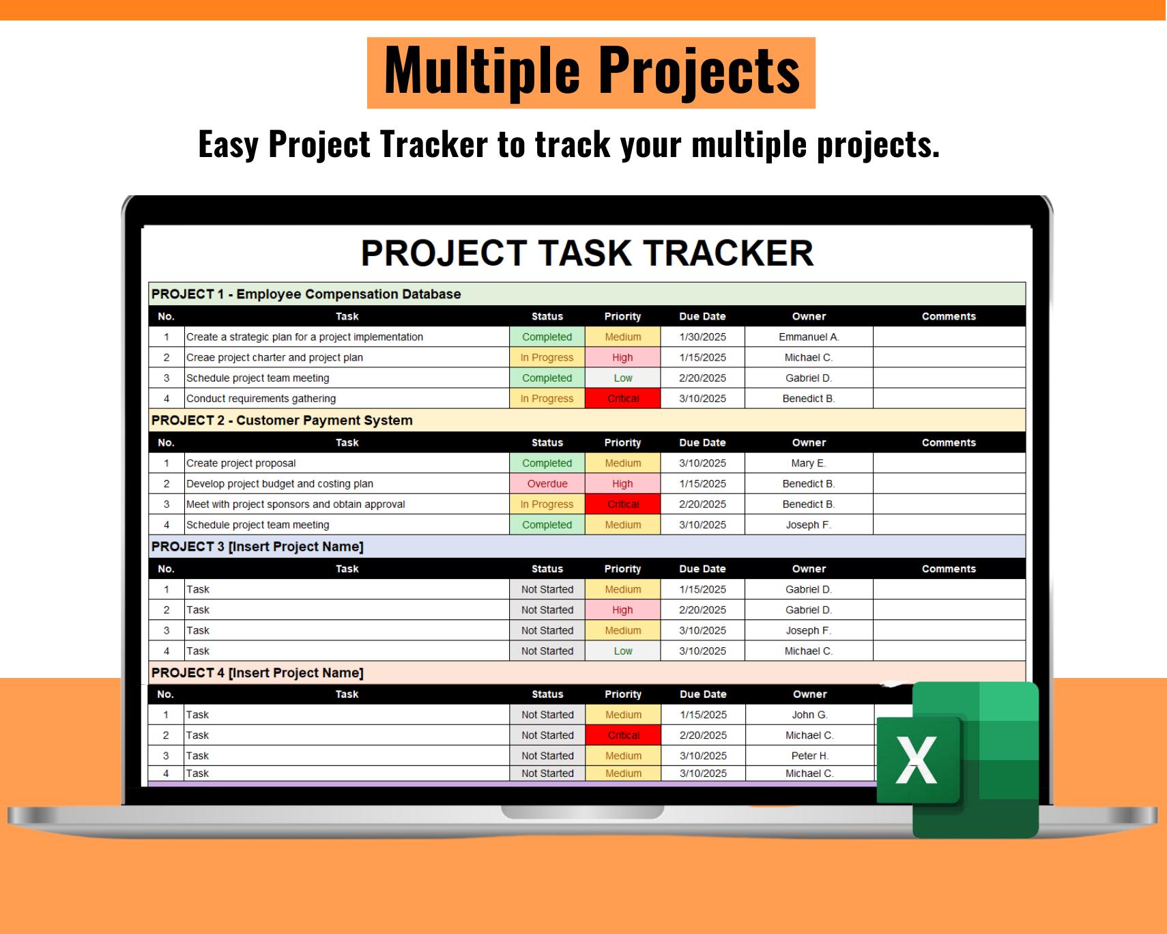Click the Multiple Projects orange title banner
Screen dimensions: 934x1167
(591, 72)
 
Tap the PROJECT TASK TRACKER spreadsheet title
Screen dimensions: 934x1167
(587, 253)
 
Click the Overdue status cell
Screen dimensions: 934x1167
(547, 483)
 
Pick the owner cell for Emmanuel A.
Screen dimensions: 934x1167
(808, 337)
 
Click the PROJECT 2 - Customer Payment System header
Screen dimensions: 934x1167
(282, 421)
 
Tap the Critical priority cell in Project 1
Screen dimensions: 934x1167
(622, 398)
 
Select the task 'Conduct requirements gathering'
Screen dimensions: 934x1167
(261, 398)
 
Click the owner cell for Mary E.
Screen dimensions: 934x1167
(808, 463)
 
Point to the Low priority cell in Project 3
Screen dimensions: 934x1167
(622, 651)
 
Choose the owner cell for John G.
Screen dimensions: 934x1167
(809, 715)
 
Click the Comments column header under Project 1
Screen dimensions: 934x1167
(948, 316)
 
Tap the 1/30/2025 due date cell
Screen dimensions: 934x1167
(702, 337)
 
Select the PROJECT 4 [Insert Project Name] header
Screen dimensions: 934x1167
(257, 673)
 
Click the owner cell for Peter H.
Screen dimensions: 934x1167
(809, 756)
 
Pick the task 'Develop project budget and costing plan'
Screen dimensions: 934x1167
(280, 483)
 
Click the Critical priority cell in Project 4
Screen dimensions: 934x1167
(623, 735)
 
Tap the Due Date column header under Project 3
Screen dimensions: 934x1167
(702, 569)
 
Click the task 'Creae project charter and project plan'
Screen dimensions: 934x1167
(274, 357)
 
